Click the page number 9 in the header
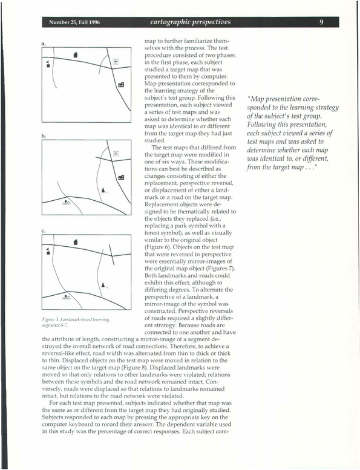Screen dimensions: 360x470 321,22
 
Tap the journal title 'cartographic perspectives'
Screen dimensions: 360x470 191,22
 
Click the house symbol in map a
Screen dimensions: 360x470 76,54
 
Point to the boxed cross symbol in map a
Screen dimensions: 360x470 116,62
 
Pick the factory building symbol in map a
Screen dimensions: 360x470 121,85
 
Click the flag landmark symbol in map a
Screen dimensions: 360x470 48,64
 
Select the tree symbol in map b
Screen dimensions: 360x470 103,190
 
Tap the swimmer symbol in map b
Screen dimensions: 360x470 66,202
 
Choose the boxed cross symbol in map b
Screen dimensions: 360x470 116,154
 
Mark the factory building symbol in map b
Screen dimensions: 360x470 121,177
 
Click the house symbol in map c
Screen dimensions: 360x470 76,241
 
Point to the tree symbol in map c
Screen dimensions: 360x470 103,285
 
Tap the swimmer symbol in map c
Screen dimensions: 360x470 66,297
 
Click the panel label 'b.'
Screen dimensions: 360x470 44,135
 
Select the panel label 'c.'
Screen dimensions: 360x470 43,231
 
